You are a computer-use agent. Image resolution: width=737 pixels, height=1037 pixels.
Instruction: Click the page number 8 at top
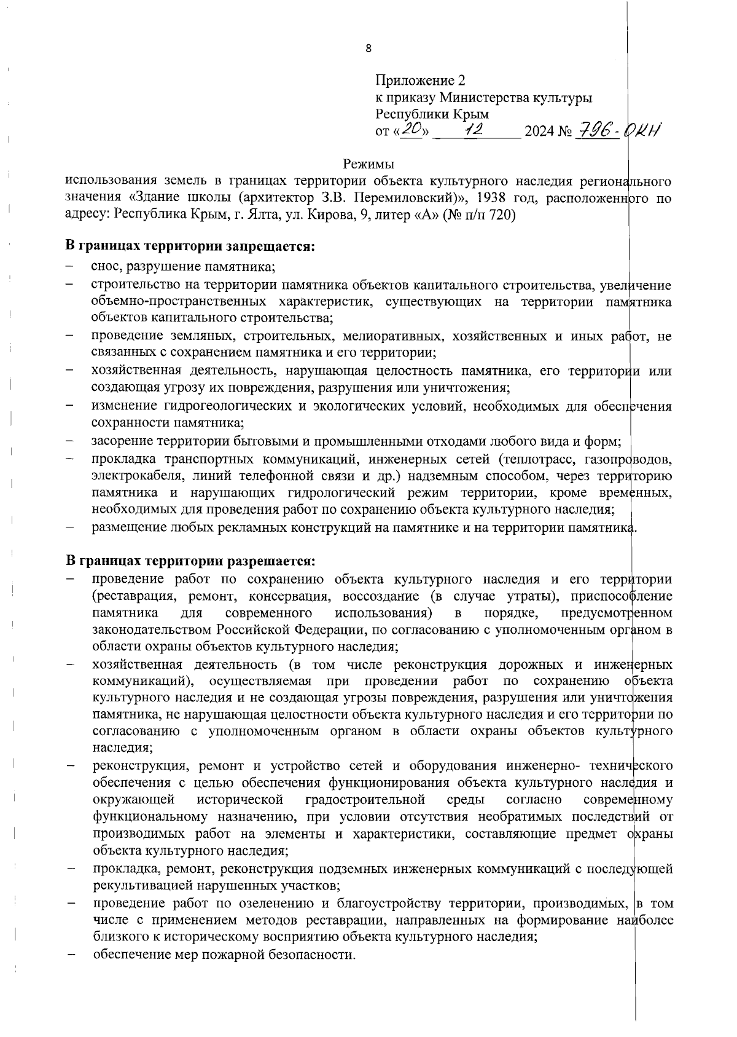pyautogui.click(x=368, y=49)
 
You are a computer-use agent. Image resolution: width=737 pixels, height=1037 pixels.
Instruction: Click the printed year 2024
pyautogui.click(x=539, y=132)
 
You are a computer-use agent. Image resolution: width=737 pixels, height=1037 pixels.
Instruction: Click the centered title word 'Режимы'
pyautogui.click(x=368, y=164)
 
